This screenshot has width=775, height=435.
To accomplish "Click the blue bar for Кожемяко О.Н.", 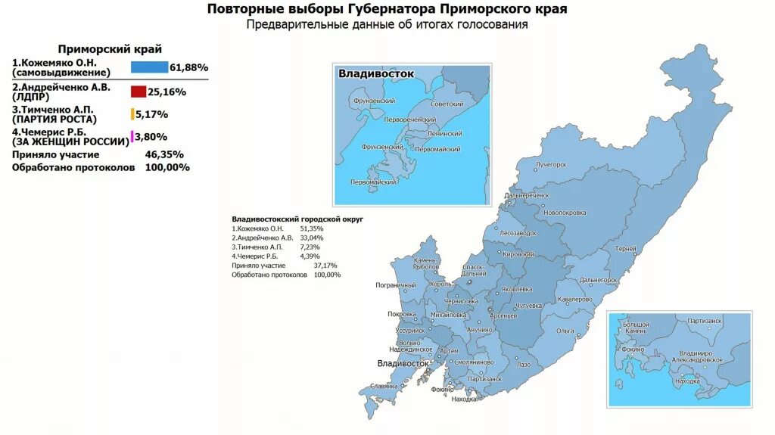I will tap(149, 67).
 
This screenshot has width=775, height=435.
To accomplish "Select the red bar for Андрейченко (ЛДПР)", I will tap(138, 92).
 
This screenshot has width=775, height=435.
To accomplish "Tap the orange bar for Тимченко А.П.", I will tap(132, 114).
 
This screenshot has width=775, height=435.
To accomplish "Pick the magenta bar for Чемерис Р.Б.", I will tap(132, 137).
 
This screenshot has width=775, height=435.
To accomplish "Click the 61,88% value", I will tap(188, 67).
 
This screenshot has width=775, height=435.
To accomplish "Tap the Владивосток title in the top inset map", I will tap(376, 73).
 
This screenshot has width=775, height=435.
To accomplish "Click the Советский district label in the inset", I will tap(447, 104).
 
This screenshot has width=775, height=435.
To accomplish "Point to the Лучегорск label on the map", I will tap(550, 163).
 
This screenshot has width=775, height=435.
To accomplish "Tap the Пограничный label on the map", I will tap(396, 285).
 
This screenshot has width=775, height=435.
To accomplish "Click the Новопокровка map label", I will tap(565, 213).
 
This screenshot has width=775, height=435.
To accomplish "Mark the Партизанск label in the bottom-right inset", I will tap(705, 322).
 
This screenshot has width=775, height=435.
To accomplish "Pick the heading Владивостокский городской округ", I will tap(297, 218).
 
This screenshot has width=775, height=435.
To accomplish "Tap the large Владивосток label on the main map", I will tap(403, 364).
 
